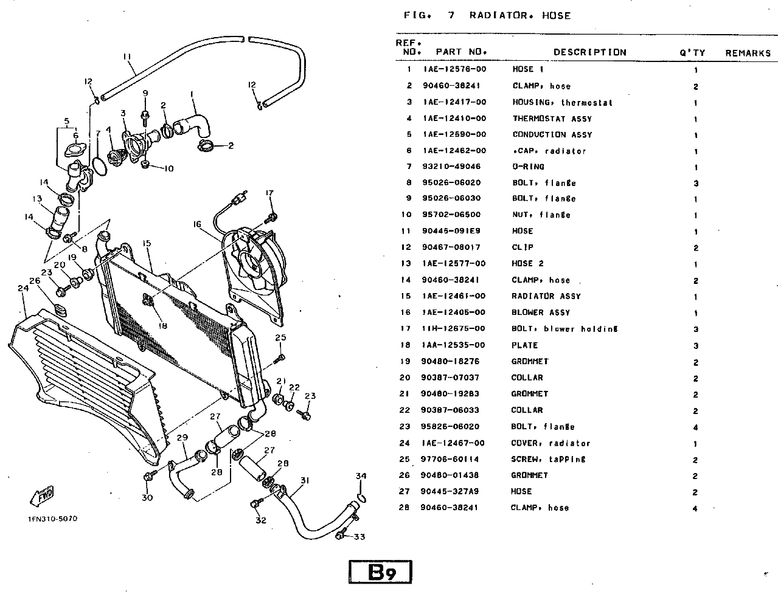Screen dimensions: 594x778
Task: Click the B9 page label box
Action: [x=381, y=573]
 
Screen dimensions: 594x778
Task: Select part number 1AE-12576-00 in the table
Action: [x=454, y=69]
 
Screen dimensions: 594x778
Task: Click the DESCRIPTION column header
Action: [x=589, y=52]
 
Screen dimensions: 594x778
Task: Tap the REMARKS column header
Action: [x=748, y=53]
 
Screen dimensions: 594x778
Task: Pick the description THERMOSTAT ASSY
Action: [x=552, y=119]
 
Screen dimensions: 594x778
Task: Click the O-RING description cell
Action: [x=528, y=167]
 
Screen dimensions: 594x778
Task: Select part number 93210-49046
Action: [x=451, y=167]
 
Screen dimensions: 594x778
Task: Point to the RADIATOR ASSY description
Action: [x=546, y=296]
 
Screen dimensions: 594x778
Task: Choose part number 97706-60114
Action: [x=451, y=459]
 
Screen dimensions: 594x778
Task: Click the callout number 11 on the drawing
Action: [x=127, y=57]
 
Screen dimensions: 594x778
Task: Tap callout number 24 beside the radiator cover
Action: [x=23, y=289]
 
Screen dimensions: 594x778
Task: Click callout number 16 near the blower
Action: [x=197, y=224]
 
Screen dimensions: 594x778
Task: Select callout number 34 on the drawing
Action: [x=361, y=476]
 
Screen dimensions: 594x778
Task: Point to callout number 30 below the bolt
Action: [x=147, y=498]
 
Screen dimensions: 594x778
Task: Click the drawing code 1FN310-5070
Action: [x=52, y=519]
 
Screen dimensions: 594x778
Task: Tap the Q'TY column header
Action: [x=692, y=53]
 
